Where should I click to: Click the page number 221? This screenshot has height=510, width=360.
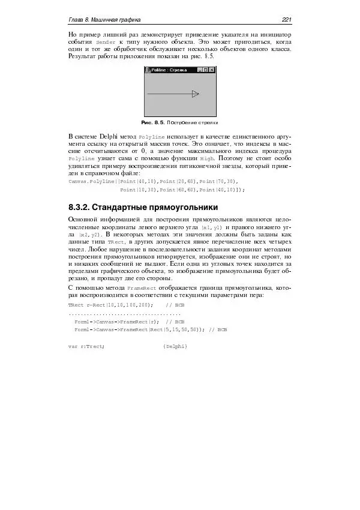(x=286, y=21)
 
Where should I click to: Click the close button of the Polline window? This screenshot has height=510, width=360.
(x=212, y=70)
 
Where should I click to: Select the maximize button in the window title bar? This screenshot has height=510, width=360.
(x=205, y=70)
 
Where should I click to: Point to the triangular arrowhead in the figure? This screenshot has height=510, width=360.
(x=195, y=94)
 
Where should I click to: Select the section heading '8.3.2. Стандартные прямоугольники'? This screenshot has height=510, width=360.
(x=143, y=208)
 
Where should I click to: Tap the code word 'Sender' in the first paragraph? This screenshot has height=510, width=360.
(x=106, y=44)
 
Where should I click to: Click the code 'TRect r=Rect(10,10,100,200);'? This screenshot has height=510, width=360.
(x=111, y=305)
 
